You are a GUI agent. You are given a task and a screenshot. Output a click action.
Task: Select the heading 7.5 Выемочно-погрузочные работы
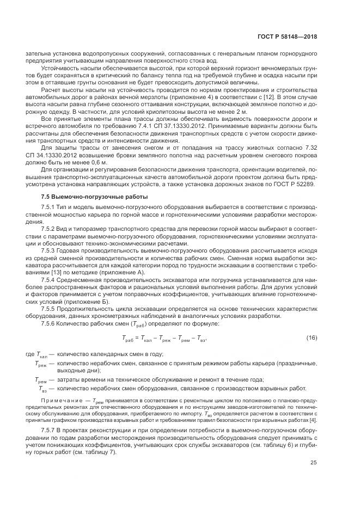(81, 197)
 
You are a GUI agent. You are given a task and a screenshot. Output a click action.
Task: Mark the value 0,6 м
(99, 162)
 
